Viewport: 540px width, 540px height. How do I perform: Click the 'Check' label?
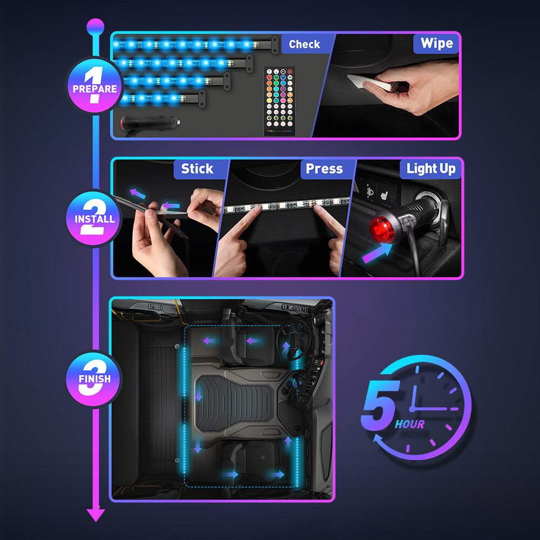304,44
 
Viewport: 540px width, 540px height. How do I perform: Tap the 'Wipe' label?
436,44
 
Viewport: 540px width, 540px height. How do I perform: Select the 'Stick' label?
197,169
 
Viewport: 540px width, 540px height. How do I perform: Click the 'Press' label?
324,169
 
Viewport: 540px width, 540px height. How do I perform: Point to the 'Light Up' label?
431,169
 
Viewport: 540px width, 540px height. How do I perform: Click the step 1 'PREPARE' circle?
94,86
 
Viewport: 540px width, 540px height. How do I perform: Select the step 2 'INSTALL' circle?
94,219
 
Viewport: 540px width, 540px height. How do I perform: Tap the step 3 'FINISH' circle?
94,378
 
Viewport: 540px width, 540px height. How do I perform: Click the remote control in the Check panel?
279,101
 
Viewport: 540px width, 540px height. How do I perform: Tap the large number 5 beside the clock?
381,406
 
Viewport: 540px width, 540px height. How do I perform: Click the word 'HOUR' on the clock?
409,424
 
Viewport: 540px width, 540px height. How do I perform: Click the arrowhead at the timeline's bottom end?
96,515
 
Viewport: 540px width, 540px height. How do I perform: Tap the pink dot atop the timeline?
95,25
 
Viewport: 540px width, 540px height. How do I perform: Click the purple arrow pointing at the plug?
377,253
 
